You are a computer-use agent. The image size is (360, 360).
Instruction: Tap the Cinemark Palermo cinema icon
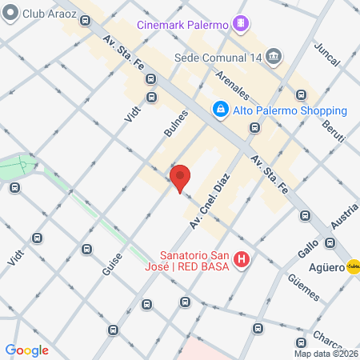point(239,24)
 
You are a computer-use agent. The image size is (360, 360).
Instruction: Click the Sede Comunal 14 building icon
point(274,57)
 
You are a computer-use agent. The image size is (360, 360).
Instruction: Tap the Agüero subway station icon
point(353,268)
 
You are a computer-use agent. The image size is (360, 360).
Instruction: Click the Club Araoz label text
point(44,14)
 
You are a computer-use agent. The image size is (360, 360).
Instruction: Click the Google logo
point(26,350)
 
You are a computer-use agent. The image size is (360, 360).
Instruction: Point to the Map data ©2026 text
point(326,354)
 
